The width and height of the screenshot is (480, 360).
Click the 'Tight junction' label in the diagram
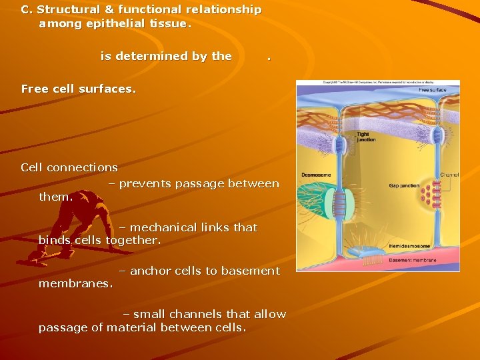366,137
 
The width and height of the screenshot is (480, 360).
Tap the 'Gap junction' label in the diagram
403,185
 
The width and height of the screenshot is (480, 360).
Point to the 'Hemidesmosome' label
408,246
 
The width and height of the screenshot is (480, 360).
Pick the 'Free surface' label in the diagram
433,89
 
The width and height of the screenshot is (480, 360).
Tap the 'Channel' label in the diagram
448,175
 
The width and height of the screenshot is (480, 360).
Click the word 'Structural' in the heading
73,10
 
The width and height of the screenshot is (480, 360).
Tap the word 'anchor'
149,271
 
